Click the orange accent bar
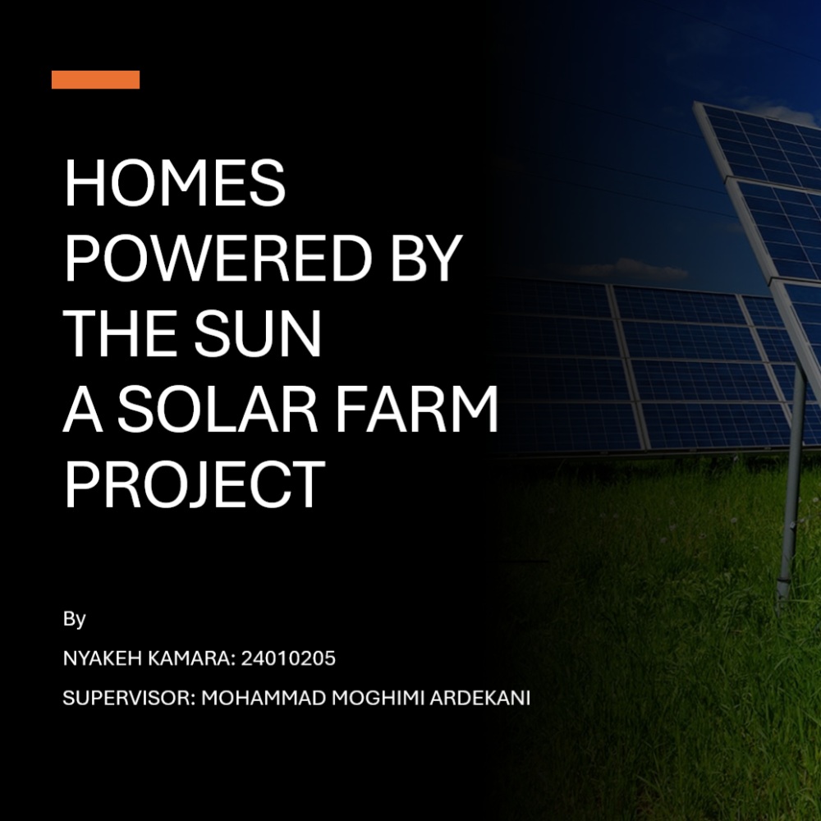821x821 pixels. pyautogui.click(x=95, y=80)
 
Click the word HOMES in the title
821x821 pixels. pyautogui.click(x=175, y=183)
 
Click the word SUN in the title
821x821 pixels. pyautogui.click(x=258, y=333)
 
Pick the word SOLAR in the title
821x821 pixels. pyautogui.click(x=217, y=408)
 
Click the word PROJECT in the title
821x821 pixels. pyautogui.click(x=195, y=484)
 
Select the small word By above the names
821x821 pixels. pyautogui.click(x=75, y=619)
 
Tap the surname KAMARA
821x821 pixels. pyautogui.click(x=191, y=658)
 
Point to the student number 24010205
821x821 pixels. pyautogui.click(x=288, y=658)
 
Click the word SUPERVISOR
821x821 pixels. pyautogui.click(x=129, y=698)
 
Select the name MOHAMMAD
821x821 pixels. pyautogui.click(x=264, y=698)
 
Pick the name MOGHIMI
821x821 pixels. pyautogui.click(x=378, y=698)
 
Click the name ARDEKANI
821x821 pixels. pyautogui.click(x=480, y=698)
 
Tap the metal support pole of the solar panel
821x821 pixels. pyautogui.click(x=791, y=487)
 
